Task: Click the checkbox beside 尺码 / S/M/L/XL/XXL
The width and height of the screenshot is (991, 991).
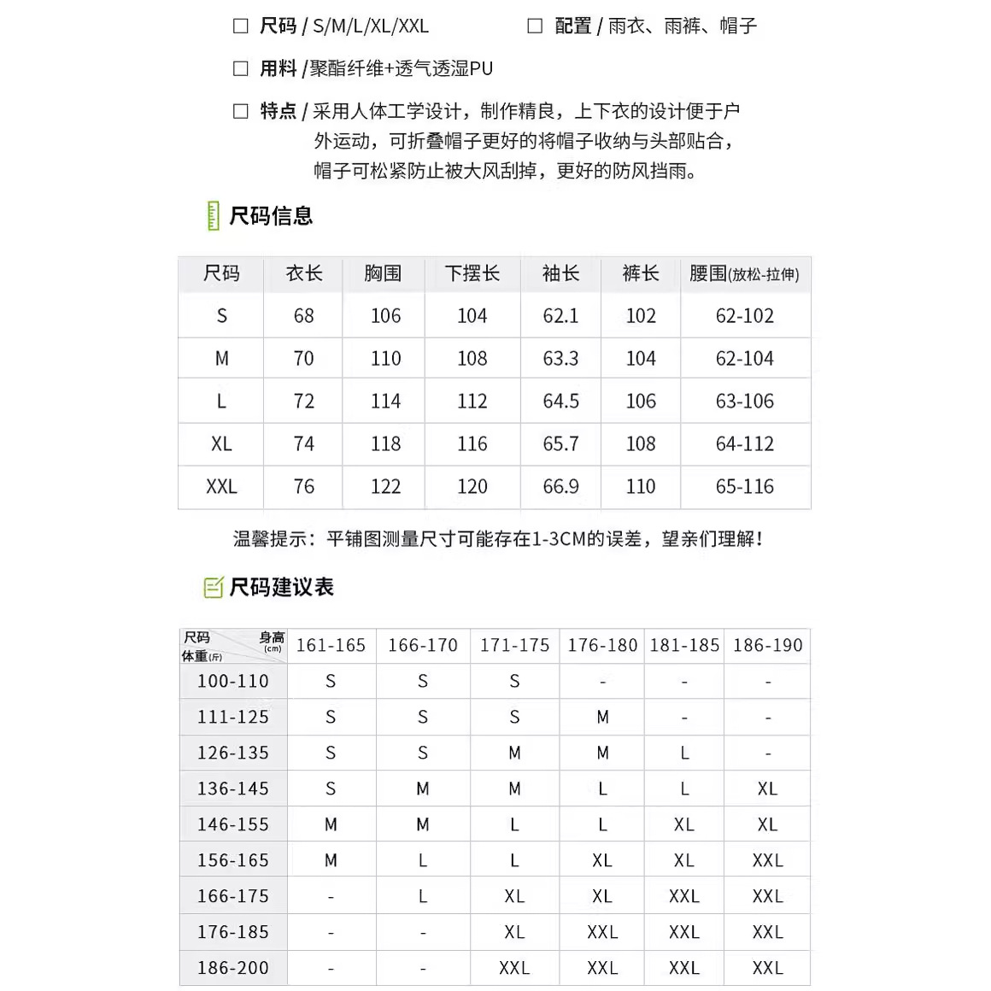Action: click(241, 26)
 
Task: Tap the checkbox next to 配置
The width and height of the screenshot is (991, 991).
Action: click(535, 26)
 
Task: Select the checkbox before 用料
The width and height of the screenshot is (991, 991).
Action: click(241, 68)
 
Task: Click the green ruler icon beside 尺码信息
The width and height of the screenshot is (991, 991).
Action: click(213, 216)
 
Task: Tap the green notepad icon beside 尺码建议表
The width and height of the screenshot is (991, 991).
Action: click(213, 588)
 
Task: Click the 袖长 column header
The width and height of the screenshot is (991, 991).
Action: click(560, 273)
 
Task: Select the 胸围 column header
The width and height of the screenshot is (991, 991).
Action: click(383, 273)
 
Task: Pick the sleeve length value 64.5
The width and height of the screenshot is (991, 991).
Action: click(560, 402)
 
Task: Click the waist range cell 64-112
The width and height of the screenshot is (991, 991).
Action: click(745, 444)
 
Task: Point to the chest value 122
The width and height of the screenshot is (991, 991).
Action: click(385, 487)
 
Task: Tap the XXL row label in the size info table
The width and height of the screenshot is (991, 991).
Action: click(221, 487)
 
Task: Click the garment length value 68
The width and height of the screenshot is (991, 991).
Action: click(303, 316)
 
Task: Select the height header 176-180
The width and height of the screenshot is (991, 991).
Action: click(602, 646)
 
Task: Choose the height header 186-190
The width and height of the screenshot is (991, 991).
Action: click(767, 646)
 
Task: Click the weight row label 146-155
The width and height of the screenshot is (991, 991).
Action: click(233, 825)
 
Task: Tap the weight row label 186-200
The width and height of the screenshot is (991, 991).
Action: click(233, 969)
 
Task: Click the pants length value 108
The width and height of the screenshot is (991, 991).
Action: click(641, 444)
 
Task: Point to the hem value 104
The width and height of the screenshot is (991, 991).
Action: click(472, 316)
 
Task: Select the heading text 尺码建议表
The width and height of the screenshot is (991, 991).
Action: click(281, 588)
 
